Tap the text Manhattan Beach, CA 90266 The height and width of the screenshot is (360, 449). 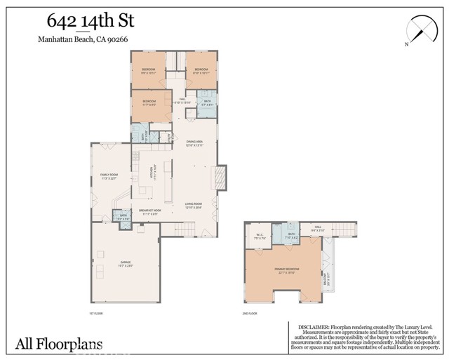[83, 40]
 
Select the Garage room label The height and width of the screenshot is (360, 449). [105, 263]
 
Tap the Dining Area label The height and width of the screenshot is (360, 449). [194, 143]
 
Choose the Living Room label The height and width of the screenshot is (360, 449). [193, 206]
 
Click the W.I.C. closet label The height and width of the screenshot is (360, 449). [260, 236]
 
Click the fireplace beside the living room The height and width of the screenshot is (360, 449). [221, 178]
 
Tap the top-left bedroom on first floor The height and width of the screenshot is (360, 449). [148, 70]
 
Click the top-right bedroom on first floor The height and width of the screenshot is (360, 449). [201, 70]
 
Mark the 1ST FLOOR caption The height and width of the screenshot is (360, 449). [96, 313]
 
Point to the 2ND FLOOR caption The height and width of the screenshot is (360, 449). [250, 313]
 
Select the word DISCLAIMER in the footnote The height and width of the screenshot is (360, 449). [318, 326]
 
